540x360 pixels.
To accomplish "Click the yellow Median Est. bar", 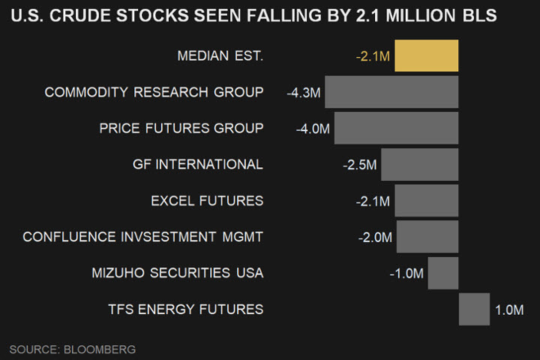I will click(x=426, y=56).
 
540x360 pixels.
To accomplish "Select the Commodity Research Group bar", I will click(x=391, y=92).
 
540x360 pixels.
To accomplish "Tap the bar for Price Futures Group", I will click(x=396, y=128).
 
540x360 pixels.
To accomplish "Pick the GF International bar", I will click(x=419, y=164).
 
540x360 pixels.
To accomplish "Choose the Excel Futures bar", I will click(x=426, y=200).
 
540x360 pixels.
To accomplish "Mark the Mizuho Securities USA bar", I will click(x=442, y=272).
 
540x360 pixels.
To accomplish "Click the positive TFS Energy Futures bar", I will click(x=474, y=309).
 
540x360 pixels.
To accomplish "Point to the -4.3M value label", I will click(x=304, y=93).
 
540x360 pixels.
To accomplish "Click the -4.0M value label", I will click(x=313, y=129).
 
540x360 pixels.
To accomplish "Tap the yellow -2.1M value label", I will click(x=373, y=57).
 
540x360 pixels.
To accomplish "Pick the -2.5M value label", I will click(x=359, y=165).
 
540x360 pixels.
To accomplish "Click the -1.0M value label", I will click(x=406, y=273).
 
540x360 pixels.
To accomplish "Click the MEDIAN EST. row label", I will click(x=220, y=56).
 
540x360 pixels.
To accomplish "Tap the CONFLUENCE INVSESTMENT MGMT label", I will click(x=143, y=237).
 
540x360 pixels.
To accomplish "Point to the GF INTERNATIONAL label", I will click(x=198, y=164).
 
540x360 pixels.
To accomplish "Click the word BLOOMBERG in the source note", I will click(x=100, y=349).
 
